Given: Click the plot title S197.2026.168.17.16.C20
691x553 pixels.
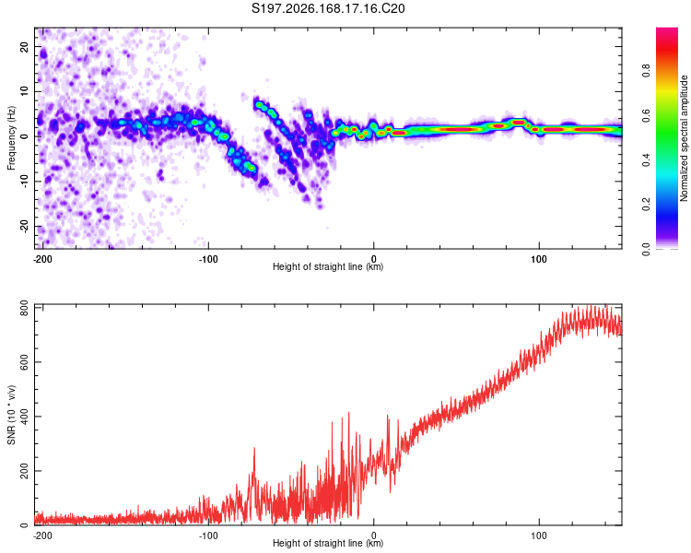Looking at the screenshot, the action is (328, 8).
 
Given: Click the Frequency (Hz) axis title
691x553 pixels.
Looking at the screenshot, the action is (11, 138).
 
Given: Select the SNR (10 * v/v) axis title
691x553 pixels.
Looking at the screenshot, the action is (11, 415).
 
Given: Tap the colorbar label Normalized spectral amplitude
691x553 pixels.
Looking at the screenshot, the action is (684, 138).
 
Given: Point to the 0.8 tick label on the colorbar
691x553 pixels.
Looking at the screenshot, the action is (646, 70).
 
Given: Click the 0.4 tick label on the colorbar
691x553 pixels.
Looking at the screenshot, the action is (646, 160).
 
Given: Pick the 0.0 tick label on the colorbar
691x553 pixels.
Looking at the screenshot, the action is (646, 250).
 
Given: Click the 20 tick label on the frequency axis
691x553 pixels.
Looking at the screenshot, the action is (25, 46).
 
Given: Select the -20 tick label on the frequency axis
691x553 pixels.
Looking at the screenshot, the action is (25, 227).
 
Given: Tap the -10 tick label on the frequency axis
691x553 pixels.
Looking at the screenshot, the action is (25, 182).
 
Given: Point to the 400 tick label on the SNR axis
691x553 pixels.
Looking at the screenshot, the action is (25, 417).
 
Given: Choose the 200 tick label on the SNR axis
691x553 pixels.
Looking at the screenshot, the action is (25, 471).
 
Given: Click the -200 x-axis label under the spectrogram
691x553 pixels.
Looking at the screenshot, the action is (42, 259).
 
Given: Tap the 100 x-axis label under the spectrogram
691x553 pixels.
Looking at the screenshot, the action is (539, 259).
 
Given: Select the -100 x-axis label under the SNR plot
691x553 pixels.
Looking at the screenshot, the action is (208, 535).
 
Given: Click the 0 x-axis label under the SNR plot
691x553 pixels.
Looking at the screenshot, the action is (374, 535).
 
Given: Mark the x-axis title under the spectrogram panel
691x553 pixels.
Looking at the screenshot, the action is (328, 266).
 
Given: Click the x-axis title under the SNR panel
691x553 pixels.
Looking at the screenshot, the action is (328, 543).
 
